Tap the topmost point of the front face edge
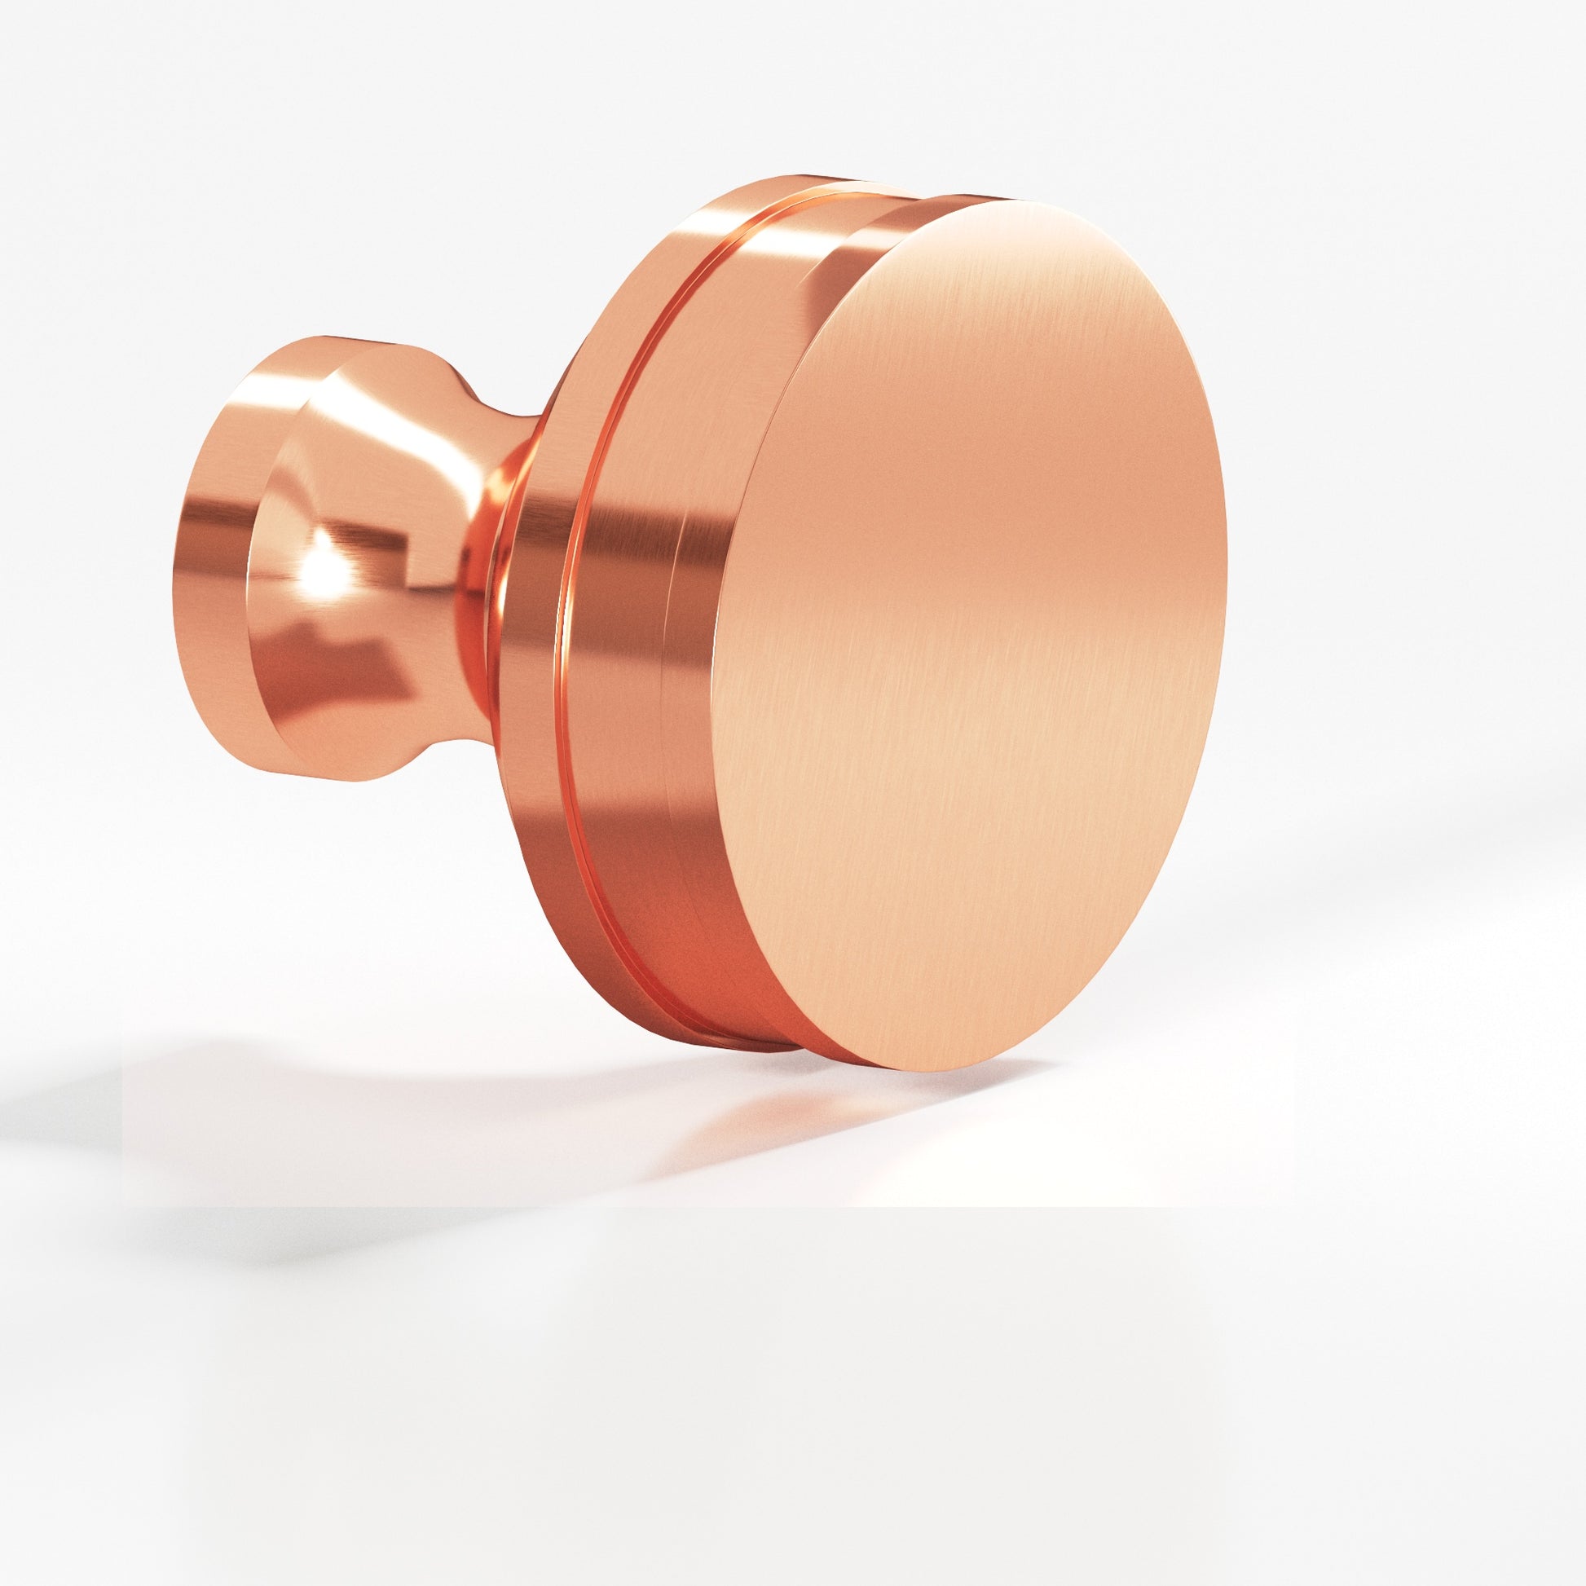coord(1018,200)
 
